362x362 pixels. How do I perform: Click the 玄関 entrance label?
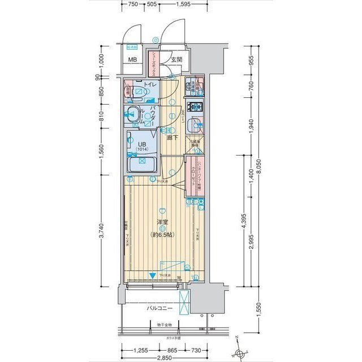176,59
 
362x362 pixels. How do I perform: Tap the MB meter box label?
132,60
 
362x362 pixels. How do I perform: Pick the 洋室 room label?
162,222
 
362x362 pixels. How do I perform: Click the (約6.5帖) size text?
162,234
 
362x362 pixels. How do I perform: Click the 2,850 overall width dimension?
165,358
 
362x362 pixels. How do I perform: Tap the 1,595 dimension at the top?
182,4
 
